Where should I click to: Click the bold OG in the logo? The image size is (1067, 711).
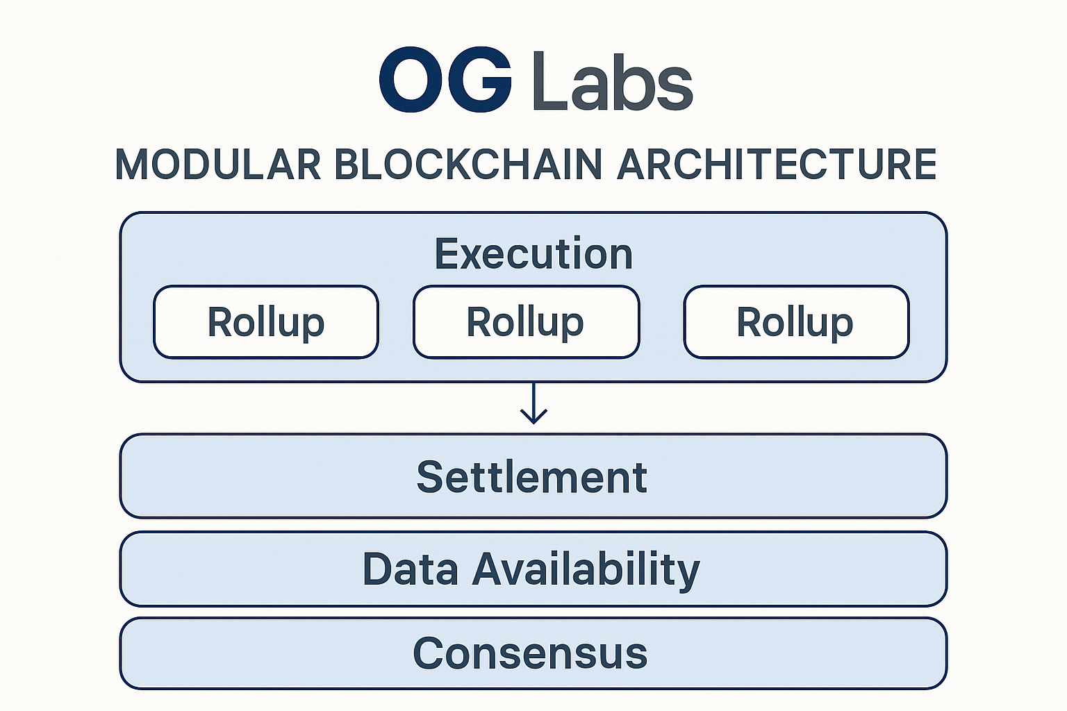(x=446, y=80)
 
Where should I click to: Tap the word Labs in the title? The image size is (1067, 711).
(x=612, y=81)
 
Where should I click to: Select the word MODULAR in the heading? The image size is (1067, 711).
(x=218, y=165)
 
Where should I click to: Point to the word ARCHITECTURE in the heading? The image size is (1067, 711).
(x=776, y=165)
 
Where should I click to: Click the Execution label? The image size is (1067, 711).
(x=533, y=253)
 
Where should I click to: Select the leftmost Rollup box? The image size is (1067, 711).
(x=266, y=322)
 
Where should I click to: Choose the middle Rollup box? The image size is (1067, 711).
(x=526, y=322)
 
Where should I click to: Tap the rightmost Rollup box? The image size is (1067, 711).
(x=796, y=322)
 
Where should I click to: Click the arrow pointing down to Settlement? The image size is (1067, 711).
(x=533, y=403)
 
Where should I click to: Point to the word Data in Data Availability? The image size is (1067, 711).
(x=410, y=569)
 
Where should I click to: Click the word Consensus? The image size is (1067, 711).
(x=530, y=653)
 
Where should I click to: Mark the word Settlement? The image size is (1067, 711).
(x=532, y=477)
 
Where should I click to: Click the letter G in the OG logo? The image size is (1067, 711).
(x=479, y=80)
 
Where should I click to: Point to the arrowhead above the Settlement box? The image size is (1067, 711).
(x=533, y=417)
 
